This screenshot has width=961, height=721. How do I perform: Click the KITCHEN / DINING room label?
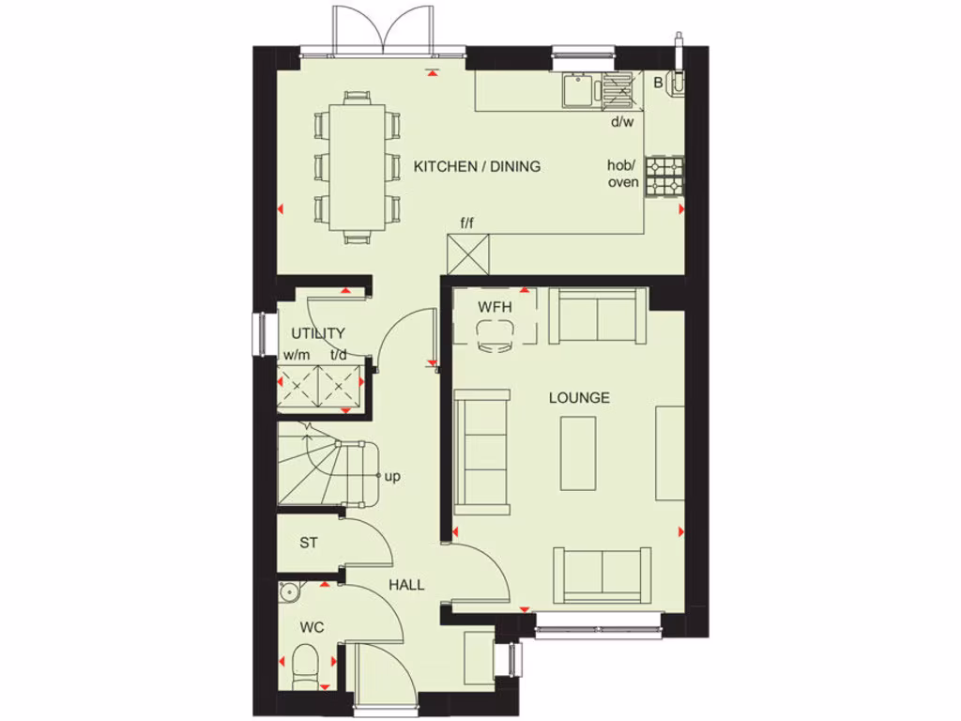(x=477, y=166)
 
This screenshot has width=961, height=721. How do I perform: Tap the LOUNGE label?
(x=579, y=397)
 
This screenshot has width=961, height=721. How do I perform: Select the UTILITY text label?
(x=317, y=333)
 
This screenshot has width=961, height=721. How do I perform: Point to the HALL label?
(x=406, y=584)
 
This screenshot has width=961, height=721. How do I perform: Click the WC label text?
(x=311, y=625)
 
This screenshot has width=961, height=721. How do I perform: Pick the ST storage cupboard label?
(x=308, y=542)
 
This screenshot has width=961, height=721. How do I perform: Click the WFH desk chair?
(x=494, y=336)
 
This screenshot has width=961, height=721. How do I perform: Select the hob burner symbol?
(x=664, y=176)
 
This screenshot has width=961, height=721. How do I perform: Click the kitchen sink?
(x=578, y=90)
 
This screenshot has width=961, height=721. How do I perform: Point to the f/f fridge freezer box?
(x=468, y=253)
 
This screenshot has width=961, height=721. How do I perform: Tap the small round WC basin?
(x=289, y=591)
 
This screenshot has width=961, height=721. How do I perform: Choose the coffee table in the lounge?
(x=578, y=453)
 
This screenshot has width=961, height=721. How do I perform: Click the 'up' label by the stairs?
(x=392, y=476)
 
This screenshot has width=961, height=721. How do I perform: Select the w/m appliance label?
(x=296, y=355)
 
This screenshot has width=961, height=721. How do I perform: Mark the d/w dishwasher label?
(x=622, y=121)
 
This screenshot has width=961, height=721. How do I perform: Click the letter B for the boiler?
(x=658, y=83)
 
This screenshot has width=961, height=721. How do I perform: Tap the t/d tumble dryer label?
(x=339, y=355)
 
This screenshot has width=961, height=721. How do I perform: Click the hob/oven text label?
(x=623, y=174)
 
